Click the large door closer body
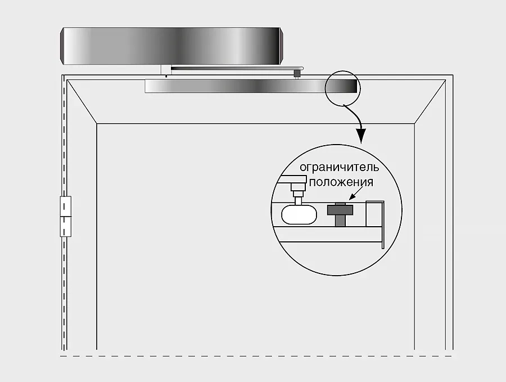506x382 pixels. click(171, 46)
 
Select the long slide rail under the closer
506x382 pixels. click(251, 86)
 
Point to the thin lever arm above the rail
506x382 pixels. click(237, 68)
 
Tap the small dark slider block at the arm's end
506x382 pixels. click(297, 74)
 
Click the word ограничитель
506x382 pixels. click(339, 167)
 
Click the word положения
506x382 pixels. click(341, 182)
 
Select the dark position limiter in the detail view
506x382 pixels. click(340, 214)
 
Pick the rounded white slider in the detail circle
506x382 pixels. click(299, 214)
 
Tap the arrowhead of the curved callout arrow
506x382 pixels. click(362, 136)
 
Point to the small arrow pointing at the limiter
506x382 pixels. click(356, 193)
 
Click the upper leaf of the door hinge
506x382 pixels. click(66, 206)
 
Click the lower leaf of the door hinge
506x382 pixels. click(66, 227)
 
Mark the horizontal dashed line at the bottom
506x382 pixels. click(256, 356)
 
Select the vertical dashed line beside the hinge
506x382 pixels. click(64, 213)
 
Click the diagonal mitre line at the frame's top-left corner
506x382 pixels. click(82, 101)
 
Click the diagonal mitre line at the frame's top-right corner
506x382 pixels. click(430, 101)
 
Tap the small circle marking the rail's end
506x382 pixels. click(342, 88)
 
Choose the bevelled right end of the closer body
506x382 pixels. click(282, 46)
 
